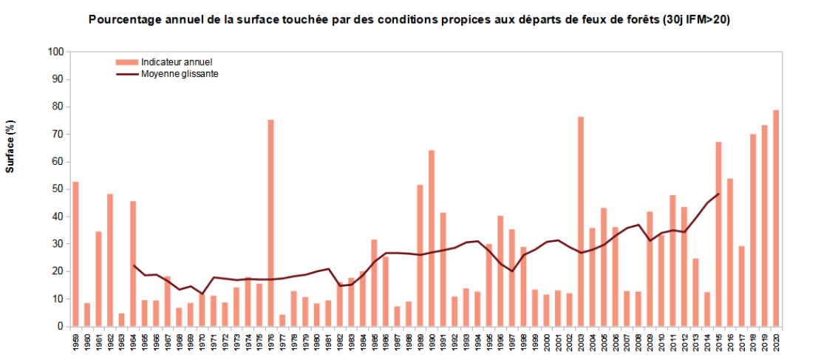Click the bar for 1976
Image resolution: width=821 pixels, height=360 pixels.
[270, 223]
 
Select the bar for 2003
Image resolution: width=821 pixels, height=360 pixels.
[581, 221]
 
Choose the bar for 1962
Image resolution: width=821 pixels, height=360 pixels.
[110, 259]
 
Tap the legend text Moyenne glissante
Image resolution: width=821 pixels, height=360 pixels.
[180, 74]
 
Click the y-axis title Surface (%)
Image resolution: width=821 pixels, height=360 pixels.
[10, 146]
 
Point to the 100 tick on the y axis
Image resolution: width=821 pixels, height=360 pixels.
[56, 52]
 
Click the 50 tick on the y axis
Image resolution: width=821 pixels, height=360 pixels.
[58, 189]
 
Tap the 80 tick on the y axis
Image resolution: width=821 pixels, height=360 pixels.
[58, 106]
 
